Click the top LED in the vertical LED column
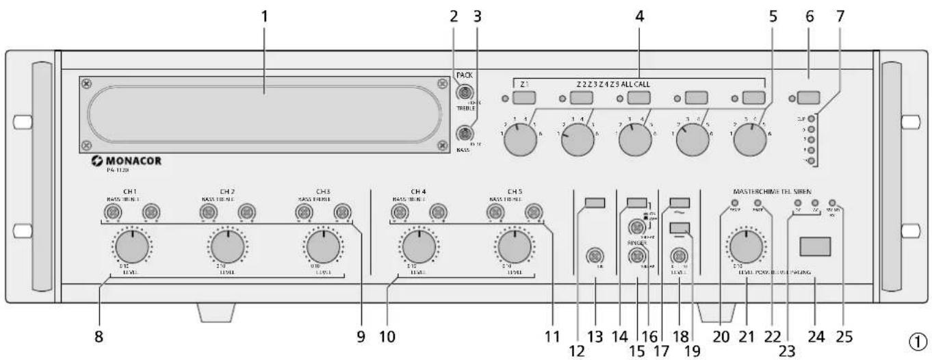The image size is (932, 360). [x=811, y=118]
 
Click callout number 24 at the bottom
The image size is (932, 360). [x=816, y=337]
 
